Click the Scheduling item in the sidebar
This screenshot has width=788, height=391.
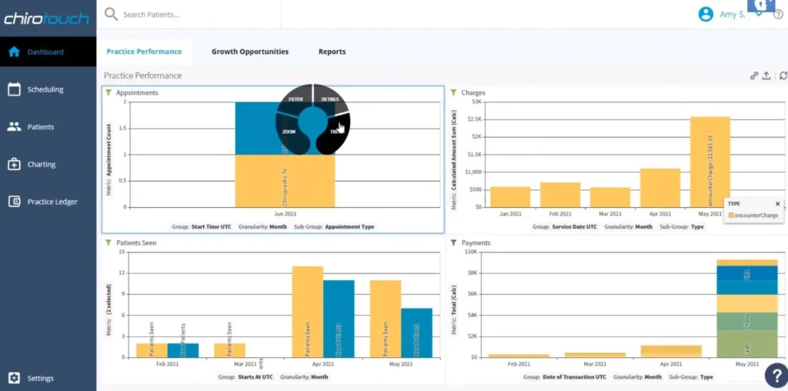pos(45,89)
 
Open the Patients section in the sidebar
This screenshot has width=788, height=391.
pos(40,127)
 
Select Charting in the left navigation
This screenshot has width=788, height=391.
pos(41,164)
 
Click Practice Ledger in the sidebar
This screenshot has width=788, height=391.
pos(52,202)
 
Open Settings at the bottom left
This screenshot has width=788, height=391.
pos(40,378)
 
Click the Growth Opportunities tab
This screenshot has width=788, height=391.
pos(250,52)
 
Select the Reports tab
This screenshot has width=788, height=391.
pos(332,52)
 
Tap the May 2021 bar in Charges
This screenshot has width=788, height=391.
pos(710,162)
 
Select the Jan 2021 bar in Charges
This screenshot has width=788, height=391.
pos(510,196)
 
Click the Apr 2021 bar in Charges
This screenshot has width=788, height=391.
pos(660,187)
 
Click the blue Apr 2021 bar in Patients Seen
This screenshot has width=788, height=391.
pos(339,319)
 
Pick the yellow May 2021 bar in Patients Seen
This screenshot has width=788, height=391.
pos(386,319)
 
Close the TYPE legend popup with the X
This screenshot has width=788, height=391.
pos(777,204)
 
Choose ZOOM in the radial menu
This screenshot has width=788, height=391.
pos(289,132)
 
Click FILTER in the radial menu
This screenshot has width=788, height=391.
pos(295,99)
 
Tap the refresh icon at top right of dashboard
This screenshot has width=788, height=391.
pos(783,75)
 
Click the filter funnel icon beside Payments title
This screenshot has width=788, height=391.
pos(453,242)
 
